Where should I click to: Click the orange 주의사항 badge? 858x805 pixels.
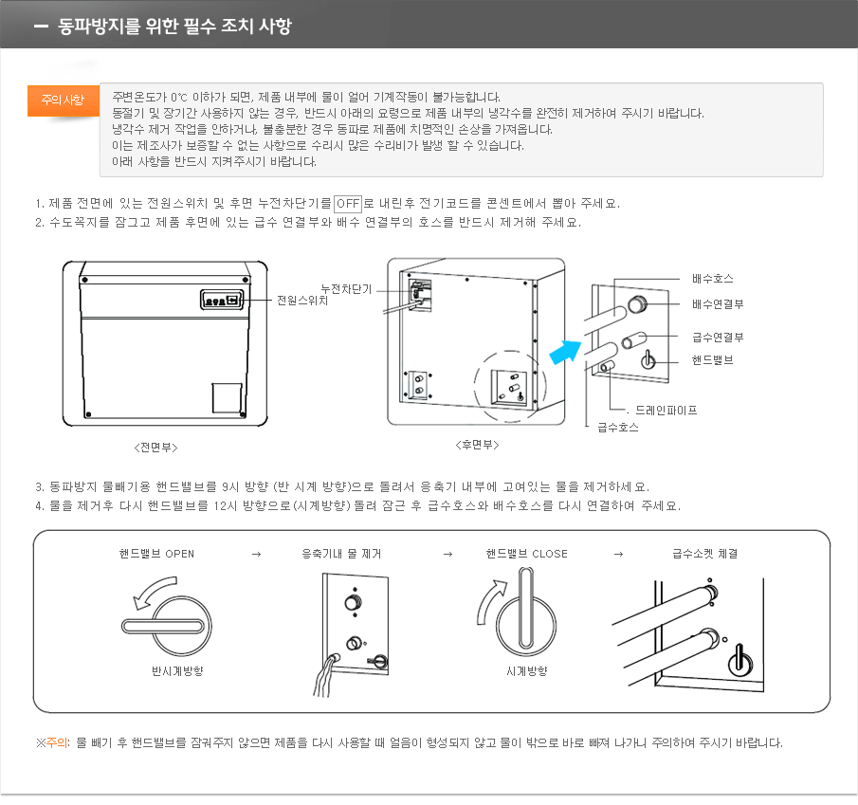(63, 100)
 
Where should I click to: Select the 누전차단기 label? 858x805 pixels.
(346, 288)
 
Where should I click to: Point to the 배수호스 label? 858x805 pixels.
(712, 279)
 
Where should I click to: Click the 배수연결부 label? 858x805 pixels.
(718, 303)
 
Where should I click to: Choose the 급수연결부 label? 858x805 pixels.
(718, 337)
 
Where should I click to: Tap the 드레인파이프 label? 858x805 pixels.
(666, 411)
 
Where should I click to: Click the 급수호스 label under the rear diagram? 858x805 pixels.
(617, 428)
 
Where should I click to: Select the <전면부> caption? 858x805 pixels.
(155, 446)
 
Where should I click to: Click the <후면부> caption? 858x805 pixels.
(477, 445)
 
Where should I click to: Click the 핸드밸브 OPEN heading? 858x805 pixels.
(156, 554)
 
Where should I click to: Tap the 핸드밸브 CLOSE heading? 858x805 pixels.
(526, 554)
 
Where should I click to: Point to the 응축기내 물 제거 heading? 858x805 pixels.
(341, 554)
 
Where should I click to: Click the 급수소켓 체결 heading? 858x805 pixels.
(704, 554)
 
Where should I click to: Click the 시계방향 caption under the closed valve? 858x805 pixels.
(527, 671)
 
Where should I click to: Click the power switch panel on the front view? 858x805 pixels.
(223, 300)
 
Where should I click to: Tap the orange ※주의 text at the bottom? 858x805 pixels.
(53, 742)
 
